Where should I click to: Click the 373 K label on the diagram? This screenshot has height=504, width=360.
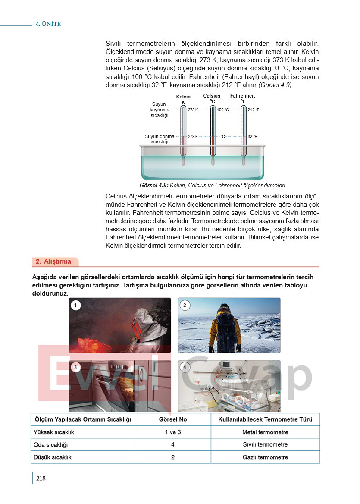coord(193,110)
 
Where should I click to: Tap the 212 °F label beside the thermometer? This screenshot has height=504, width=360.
coord(254,110)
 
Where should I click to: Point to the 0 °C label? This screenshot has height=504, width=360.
coord(221,137)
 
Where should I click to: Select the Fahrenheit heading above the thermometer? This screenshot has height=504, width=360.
coord(242,96)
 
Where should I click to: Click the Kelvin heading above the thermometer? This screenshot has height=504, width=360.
coord(183,97)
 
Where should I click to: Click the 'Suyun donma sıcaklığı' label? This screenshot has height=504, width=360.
coord(160,139)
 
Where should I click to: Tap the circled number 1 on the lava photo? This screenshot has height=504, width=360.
coord(75,306)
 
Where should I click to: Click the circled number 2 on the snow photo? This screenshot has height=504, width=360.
coord(185,306)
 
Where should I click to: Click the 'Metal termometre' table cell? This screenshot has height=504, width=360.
coord(265,432)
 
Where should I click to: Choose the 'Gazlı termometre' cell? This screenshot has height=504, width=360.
coord(265,457)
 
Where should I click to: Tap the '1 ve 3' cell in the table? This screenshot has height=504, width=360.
coord(173,432)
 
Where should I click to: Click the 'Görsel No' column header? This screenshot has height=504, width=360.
coord(173,419)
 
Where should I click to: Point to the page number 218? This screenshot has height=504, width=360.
coord(41,478)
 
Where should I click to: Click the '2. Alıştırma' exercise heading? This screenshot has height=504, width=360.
coord(53,261)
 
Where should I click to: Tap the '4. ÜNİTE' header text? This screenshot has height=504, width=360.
coord(48,24)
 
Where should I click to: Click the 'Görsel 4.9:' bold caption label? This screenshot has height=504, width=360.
coord(154,186)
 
